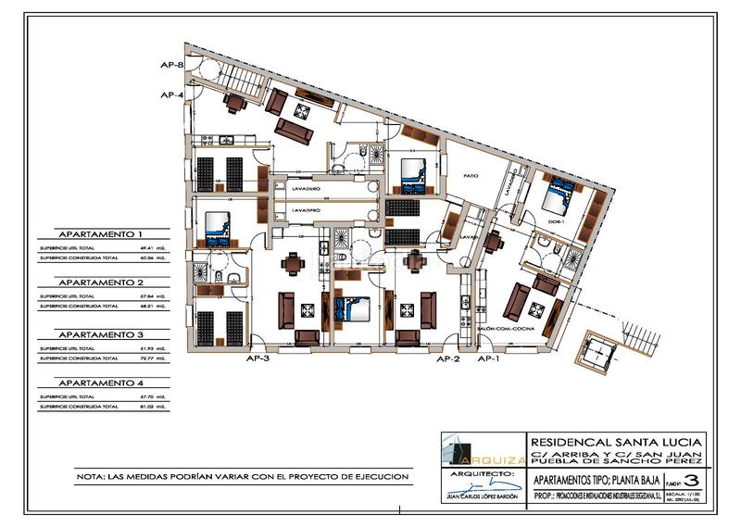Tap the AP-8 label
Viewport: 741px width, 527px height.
click(170, 65)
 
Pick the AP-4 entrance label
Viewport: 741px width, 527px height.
click(170, 94)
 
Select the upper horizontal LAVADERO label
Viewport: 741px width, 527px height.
click(306, 188)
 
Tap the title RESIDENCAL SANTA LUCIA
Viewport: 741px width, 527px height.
click(616, 440)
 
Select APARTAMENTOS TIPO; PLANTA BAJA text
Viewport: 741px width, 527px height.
click(591, 480)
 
